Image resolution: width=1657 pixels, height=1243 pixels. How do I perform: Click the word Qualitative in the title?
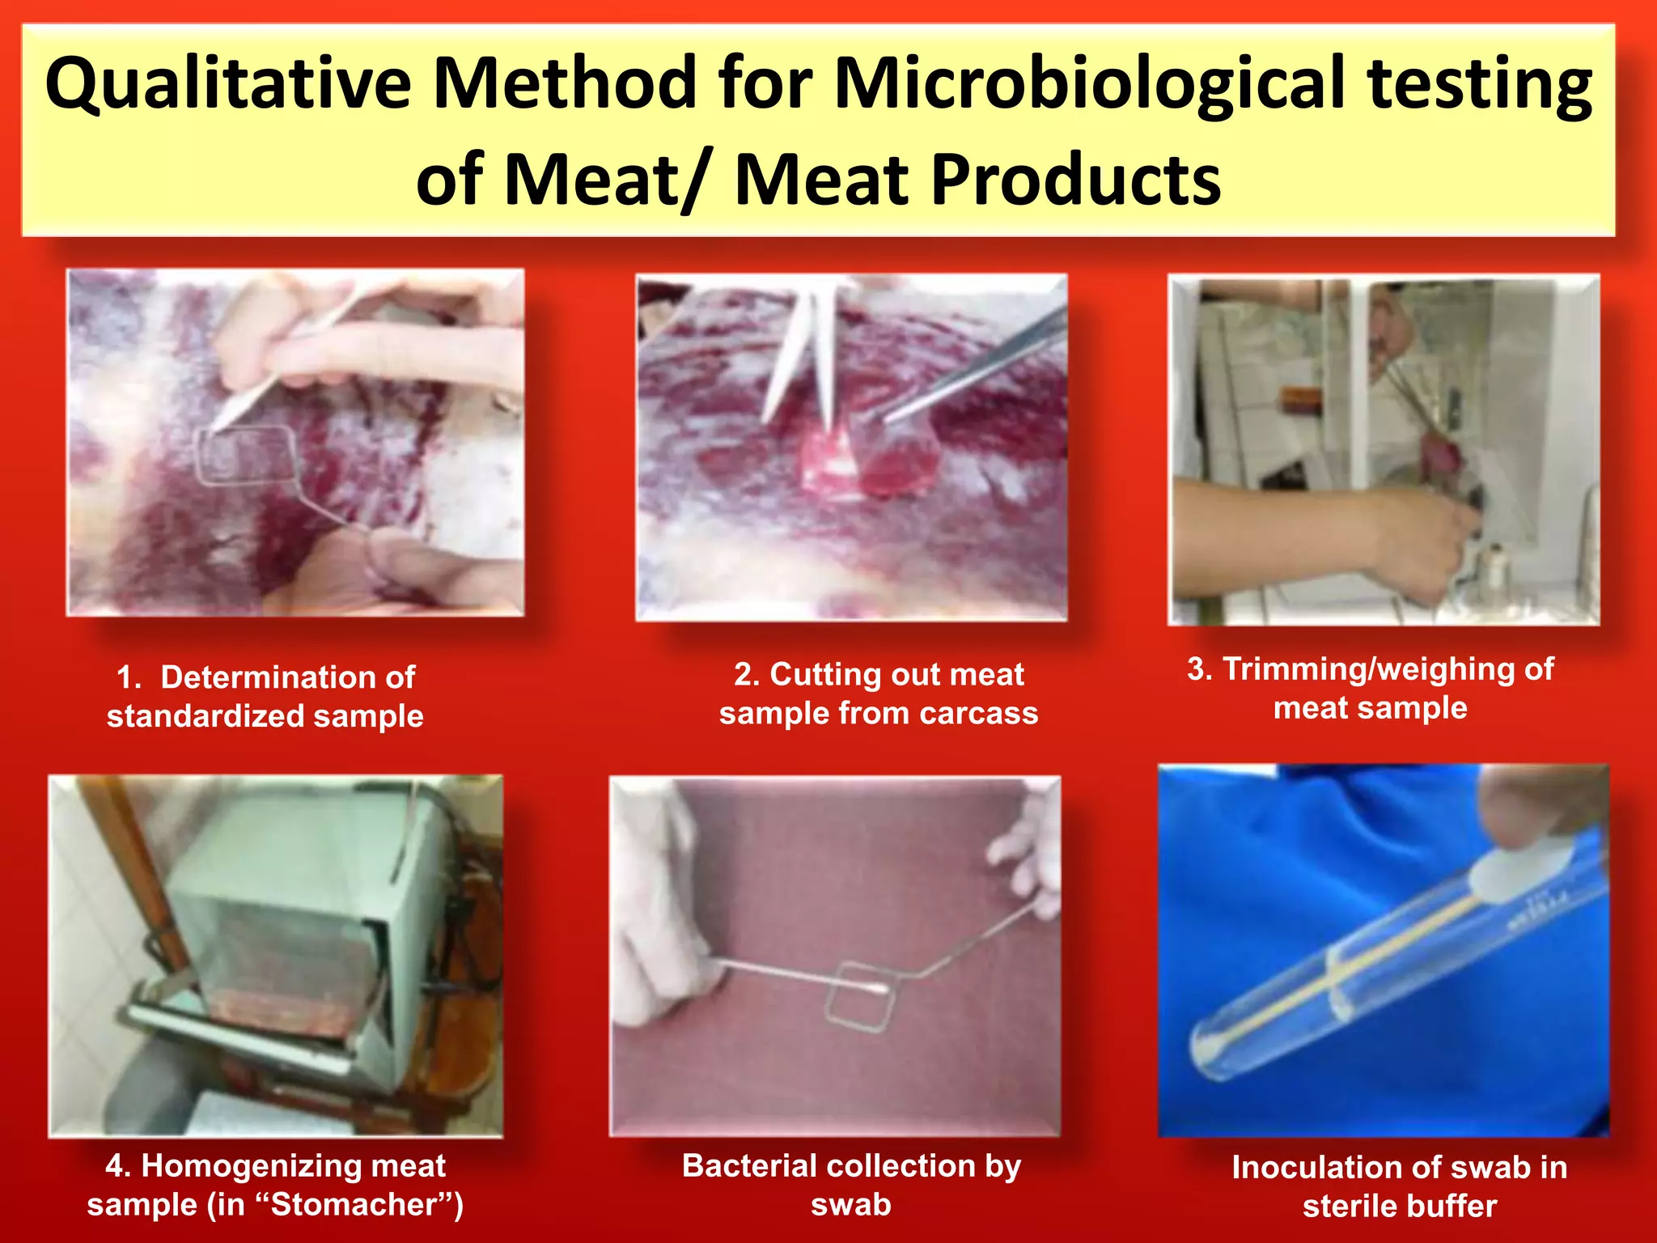click(228, 84)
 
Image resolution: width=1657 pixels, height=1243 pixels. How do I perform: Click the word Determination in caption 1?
click(287, 677)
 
